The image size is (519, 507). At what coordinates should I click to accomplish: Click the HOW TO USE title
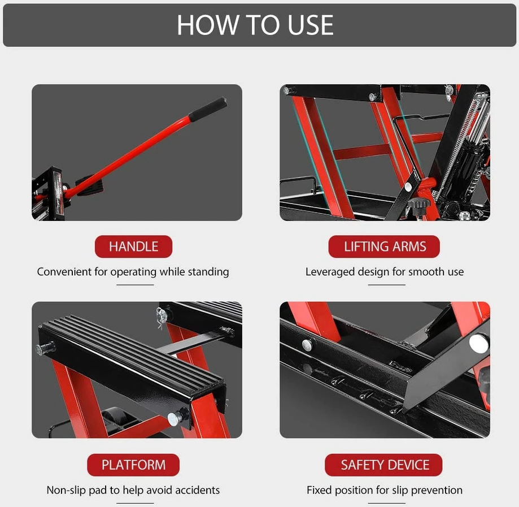pos(255,25)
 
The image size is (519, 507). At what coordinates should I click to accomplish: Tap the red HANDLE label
pos(133,246)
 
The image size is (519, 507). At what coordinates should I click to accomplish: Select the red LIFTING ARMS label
pos(384,246)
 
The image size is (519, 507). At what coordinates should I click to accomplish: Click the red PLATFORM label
pos(133,465)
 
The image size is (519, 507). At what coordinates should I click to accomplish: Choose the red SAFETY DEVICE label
pos(384,465)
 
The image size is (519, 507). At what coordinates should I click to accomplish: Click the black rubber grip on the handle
pos(208,109)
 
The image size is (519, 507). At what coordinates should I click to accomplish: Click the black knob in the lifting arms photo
pos(418,205)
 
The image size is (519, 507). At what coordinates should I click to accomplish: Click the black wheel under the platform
pos(113,419)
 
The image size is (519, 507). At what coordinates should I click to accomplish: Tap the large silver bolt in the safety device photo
pos(478,344)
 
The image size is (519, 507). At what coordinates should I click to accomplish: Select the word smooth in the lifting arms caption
pos(426,272)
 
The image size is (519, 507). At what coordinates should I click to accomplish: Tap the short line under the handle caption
pos(135,285)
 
